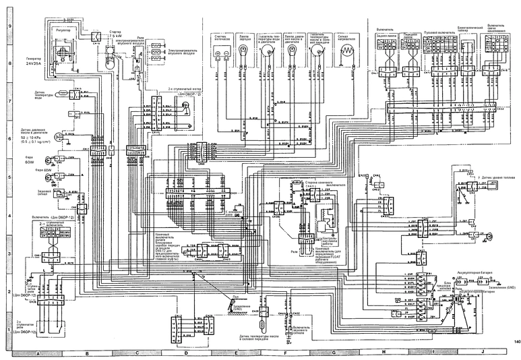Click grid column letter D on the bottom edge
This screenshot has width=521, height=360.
click(185, 353)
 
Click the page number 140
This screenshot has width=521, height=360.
click(515, 342)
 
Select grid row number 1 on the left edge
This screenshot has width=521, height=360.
click(9, 330)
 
